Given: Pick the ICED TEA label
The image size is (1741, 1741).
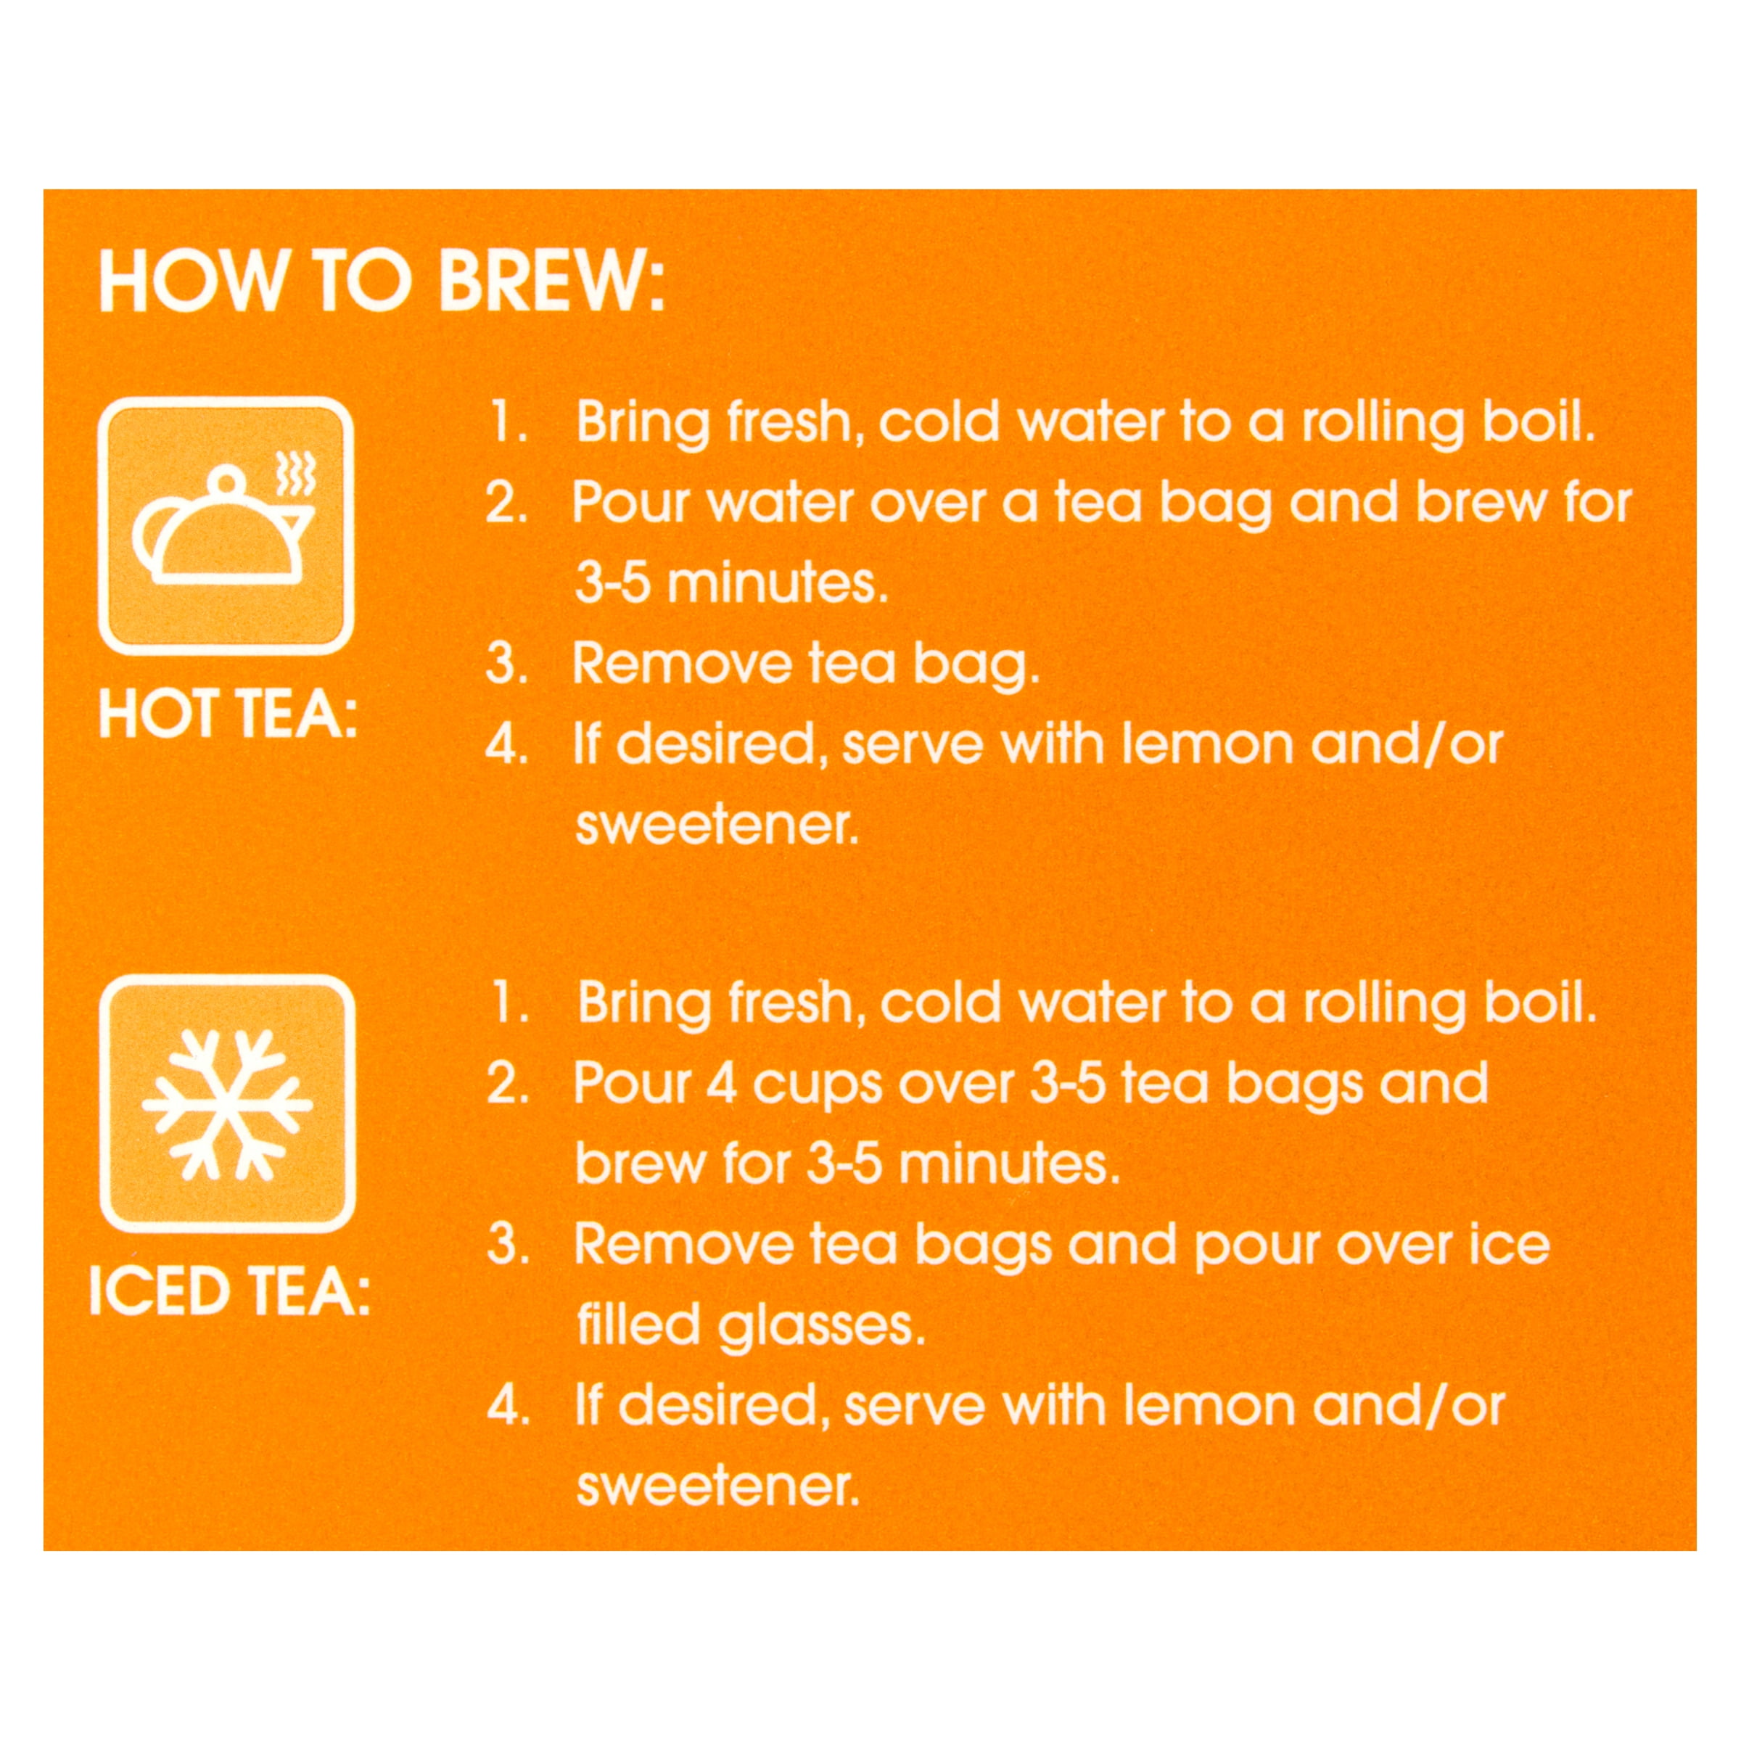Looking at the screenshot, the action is point(230,1291).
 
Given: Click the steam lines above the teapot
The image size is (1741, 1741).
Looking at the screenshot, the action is point(295,472).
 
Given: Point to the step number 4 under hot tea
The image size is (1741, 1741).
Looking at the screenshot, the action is point(506,744).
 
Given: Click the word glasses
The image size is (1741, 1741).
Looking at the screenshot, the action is point(821,1327).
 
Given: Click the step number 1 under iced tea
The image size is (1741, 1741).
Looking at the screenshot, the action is point(509,1003).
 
